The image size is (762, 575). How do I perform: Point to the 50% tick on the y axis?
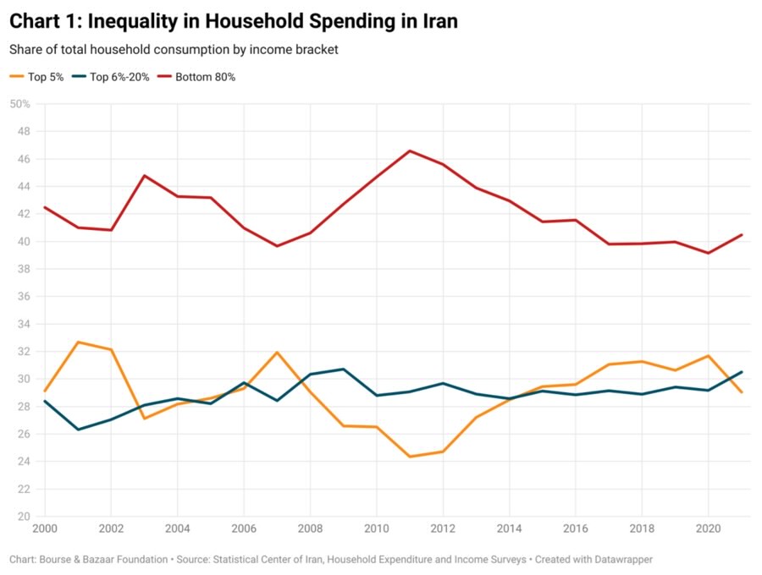click(20, 104)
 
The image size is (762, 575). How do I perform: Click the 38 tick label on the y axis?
click(24, 269)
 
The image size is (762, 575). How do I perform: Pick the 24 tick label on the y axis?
click(24, 462)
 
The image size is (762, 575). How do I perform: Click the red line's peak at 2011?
click(410, 151)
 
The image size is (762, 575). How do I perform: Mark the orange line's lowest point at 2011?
click(410, 457)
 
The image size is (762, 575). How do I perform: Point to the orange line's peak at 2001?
click(78, 342)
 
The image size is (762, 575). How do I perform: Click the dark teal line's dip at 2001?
click(78, 430)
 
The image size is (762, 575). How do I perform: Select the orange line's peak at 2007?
click(277, 352)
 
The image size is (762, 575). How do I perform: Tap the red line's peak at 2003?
click(145, 176)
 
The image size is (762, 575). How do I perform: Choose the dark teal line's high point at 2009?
click(343, 369)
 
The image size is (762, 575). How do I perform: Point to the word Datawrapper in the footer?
click(621, 560)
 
